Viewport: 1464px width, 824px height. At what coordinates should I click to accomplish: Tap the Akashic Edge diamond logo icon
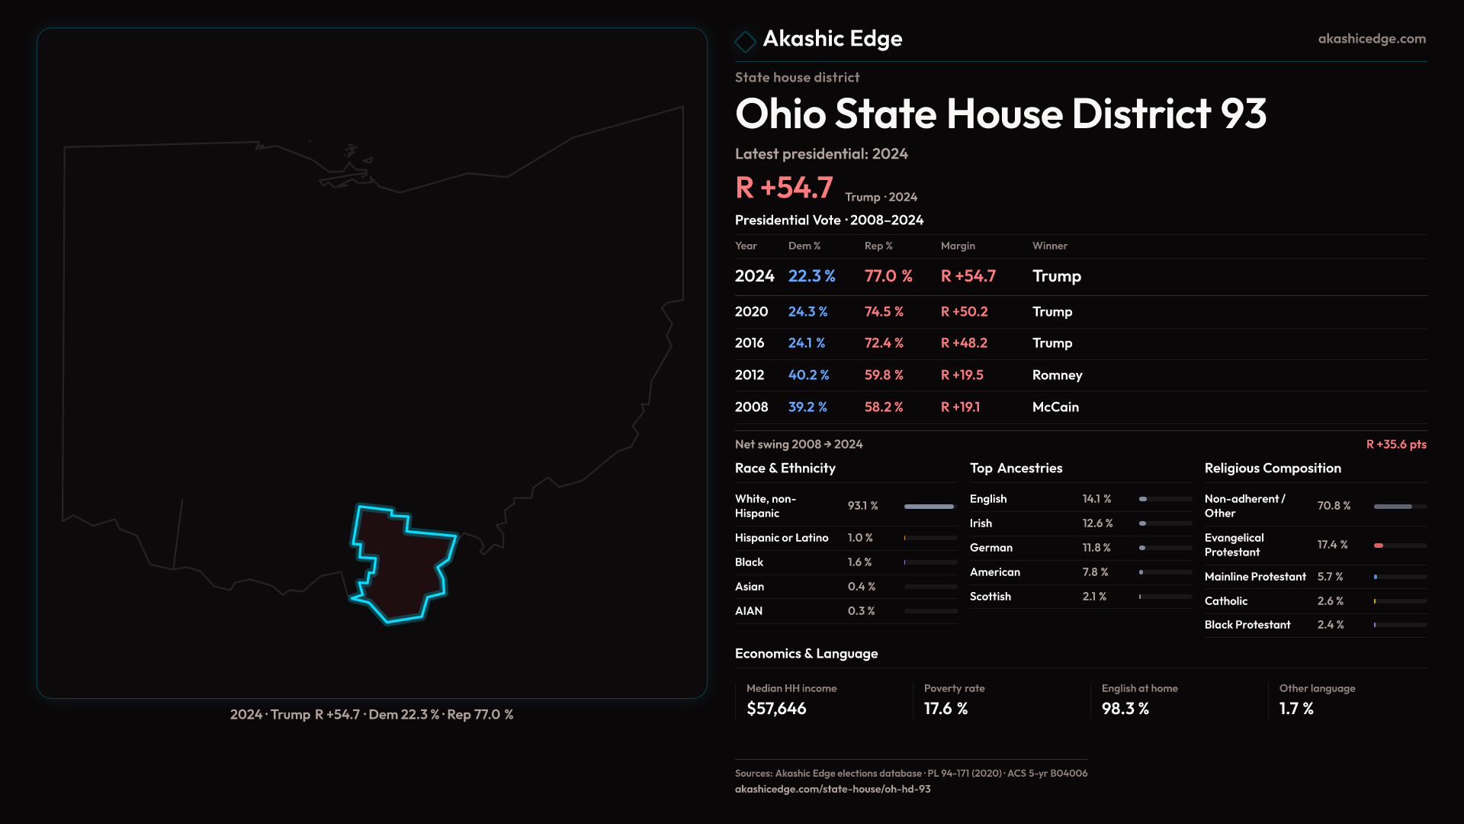tap(745, 41)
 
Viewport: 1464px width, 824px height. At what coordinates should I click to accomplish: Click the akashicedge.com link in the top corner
tap(1372, 39)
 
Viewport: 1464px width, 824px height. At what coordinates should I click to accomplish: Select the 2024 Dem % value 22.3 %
tap(811, 276)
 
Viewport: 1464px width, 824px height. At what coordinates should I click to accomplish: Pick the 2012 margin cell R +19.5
tap(962, 375)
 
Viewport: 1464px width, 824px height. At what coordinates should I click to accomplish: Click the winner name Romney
tap(1057, 375)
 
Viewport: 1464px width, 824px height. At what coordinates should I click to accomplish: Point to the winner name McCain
tap(1055, 407)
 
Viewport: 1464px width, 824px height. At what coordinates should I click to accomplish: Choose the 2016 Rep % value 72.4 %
tap(883, 343)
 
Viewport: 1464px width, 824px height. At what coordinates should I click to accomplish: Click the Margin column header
tap(958, 246)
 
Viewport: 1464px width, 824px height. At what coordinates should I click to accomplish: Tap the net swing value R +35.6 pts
tap(1395, 444)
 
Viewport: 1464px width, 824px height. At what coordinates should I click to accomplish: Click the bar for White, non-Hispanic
tap(929, 507)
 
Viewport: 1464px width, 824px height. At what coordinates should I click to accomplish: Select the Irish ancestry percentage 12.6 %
tap(1097, 523)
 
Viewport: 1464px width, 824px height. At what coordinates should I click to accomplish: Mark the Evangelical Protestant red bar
tap(1379, 546)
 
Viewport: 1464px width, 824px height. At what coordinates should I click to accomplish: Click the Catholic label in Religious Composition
tap(1225, 601)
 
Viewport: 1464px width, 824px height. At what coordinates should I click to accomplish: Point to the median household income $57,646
tap(776, 709)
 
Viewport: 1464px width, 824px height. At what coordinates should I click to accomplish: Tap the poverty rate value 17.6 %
tap(945, 709)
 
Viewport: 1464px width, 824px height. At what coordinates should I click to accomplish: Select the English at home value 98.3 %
tap(1125, 709)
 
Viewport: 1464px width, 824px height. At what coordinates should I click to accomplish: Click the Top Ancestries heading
tap(1016, 468)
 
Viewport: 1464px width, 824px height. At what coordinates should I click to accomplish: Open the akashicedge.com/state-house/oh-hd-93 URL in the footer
tap(833, 789)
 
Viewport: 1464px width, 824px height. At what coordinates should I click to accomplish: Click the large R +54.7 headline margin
tap(783, 188)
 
